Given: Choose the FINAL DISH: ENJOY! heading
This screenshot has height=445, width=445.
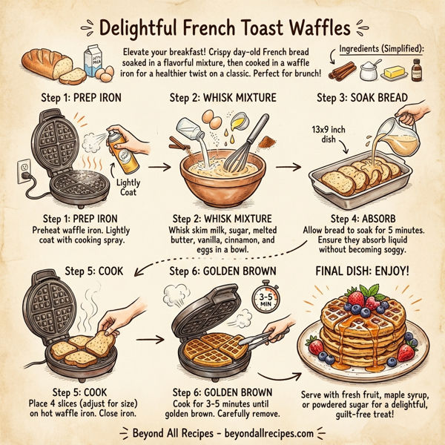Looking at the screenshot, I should pyautogui.click(x=361, y=271).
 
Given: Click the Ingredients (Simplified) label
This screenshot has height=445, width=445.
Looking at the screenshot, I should pyautogui.click(x=381, y=48).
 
